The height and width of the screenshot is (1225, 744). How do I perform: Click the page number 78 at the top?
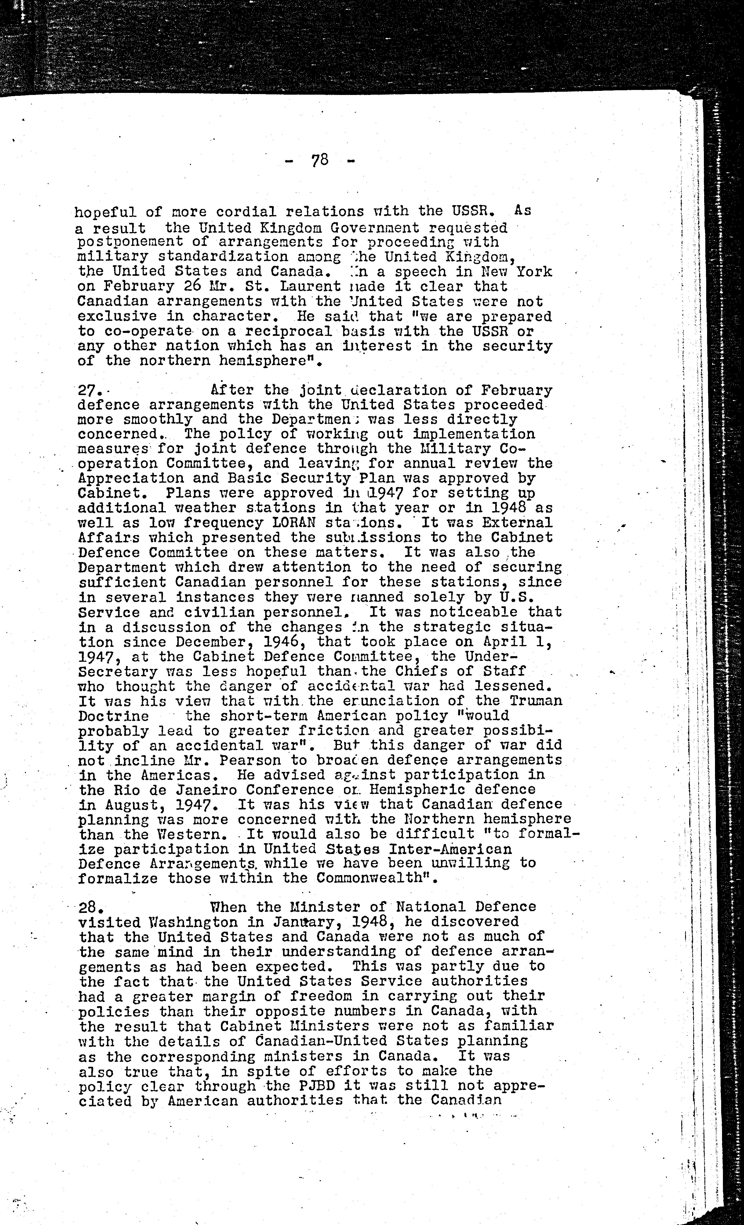point(320,161)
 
